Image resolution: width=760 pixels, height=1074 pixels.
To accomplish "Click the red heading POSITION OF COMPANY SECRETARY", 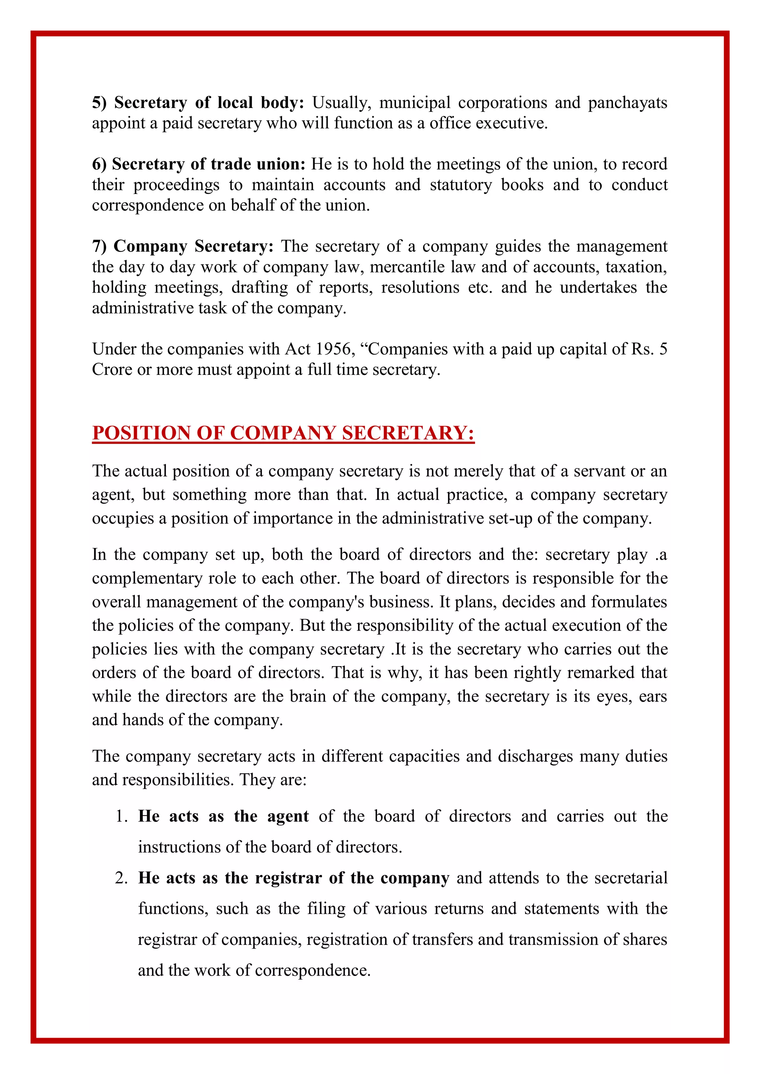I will pos(283,433).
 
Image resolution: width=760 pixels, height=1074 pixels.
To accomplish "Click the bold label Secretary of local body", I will pos(198,102).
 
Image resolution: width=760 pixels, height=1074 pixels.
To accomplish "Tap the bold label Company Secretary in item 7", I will pos(193,246).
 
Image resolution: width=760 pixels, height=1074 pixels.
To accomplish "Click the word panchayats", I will pos(627,102).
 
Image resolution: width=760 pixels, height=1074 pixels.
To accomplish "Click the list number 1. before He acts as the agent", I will pos(122,816).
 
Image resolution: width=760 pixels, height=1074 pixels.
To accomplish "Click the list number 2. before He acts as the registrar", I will pos(122,878).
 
